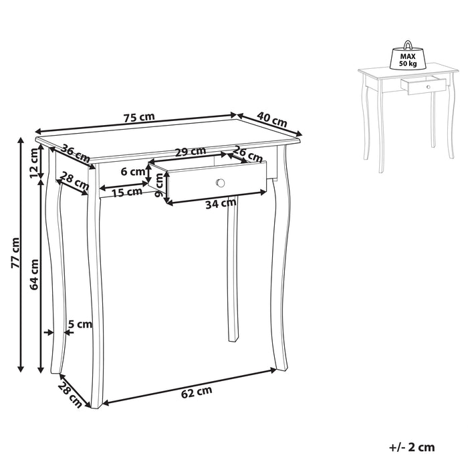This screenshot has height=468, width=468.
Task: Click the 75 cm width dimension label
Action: (x=139, y=117)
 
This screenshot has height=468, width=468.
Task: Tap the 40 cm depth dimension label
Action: (x=272, y=119)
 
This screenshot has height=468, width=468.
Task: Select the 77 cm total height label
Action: (x=15, y=253)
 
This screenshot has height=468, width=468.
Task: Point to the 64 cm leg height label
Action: (x=34, y=274)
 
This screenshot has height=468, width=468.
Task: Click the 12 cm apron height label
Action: (x=35, y=163)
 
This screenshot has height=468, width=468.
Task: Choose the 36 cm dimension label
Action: (x=76, y=153)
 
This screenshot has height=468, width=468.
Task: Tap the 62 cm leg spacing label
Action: (x=197, y=392)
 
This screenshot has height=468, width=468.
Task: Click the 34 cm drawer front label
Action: (x=221, y=204)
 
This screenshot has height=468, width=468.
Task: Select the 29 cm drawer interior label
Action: (x=191, y=152)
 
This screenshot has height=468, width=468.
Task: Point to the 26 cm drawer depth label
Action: (x=248, y=153)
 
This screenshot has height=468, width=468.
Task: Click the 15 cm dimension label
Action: (x=128, y=193)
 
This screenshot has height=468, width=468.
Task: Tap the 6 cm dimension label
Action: (x=133, y=172)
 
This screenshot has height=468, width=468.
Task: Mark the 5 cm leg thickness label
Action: (x=80, y=324)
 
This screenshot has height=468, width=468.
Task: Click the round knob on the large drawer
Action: (x=220, y=183)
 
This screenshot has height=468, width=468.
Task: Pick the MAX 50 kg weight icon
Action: (x=408, y=55)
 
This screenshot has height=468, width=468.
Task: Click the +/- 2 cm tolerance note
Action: (x=412, y=447)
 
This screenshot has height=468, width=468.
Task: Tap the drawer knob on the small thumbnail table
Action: (x=429, y=87)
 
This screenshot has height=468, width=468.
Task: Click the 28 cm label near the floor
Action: (x=70, y=394)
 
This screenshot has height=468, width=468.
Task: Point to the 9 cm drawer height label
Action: (x=160, y=185)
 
